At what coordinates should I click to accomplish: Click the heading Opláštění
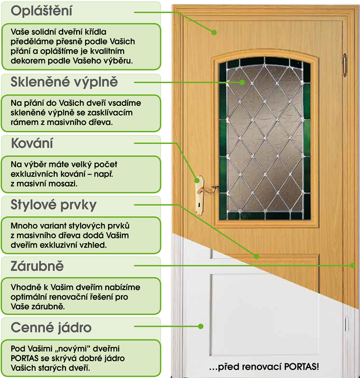(41, 11)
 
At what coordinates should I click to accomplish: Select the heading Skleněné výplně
(64, 82)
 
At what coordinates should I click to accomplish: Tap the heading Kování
(32, 143)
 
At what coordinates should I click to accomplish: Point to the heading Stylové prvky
(53, 205)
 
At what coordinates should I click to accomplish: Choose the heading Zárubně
(37, 266)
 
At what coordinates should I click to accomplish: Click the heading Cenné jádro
(51, 328)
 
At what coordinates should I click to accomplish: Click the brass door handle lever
(208, 190)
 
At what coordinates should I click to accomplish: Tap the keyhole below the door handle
(199, 205)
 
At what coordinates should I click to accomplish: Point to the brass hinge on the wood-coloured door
(344, 65)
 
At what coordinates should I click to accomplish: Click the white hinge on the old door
(346, 324)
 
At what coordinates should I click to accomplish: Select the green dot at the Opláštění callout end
(214, 32)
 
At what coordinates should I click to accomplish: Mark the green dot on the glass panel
(242, 82)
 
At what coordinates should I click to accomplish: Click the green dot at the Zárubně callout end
(353, 265)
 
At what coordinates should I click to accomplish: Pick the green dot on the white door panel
(201, 326)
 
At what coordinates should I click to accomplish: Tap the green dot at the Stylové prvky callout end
(256, 256)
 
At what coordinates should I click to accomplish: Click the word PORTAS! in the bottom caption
(302, 367)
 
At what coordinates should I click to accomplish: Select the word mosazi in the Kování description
(63, 184)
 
